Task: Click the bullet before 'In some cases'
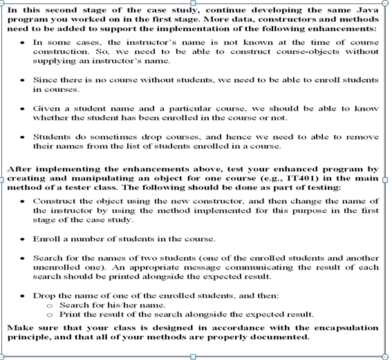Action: click(22, 42)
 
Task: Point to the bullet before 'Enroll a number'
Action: click(22, 239)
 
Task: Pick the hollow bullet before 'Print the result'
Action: click(48, 315)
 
